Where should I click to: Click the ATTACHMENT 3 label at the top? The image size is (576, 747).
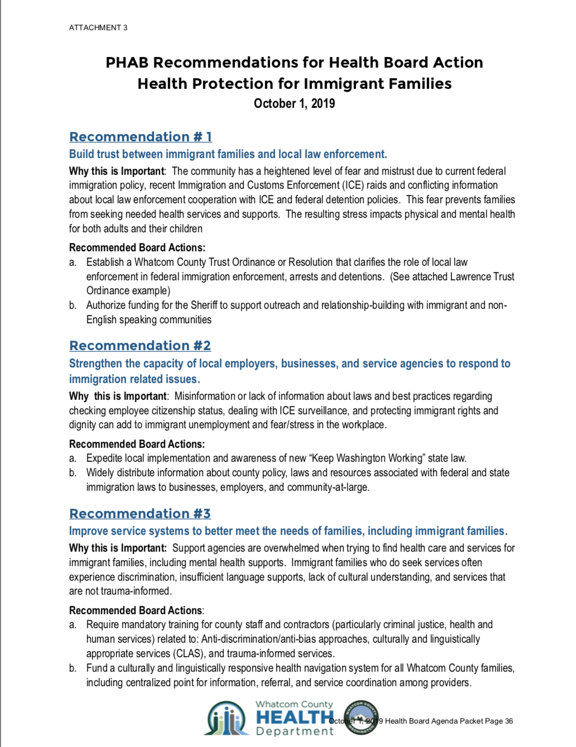click(98, 27)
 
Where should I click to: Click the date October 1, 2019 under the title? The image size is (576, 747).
click(294, 103)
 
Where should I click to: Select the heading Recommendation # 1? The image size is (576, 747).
click(140, 137)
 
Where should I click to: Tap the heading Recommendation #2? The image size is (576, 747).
click(140, 346)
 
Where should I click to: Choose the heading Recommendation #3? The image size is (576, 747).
click(140, 514)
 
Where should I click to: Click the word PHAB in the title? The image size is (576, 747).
click(127, 63)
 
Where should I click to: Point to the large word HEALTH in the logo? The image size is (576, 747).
click(294, 717)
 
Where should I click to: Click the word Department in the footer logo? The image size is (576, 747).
click(294, 731)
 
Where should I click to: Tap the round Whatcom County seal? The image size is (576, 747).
click(361, 717)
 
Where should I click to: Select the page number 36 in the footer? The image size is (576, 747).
click(508, 721)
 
